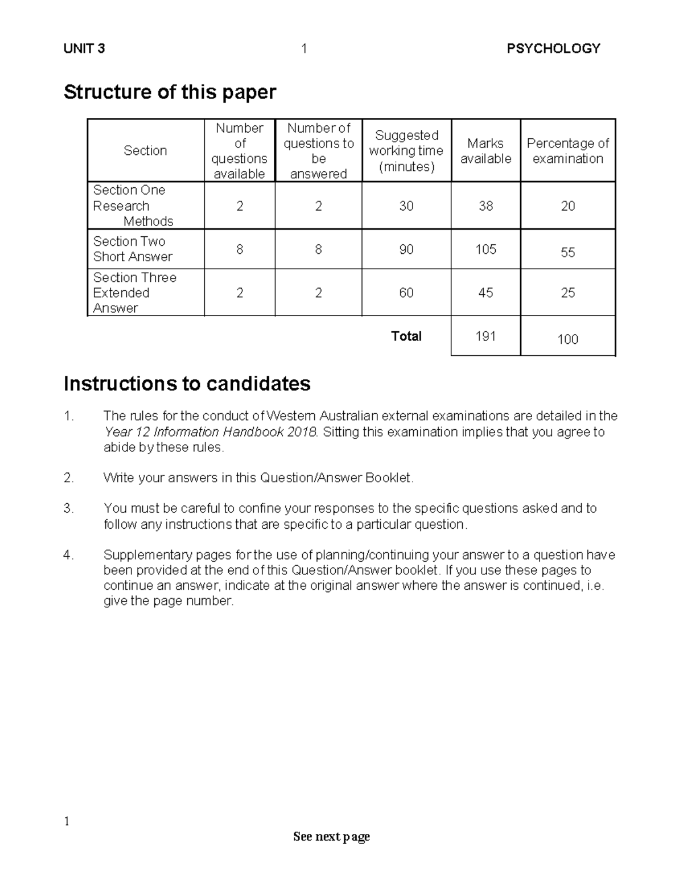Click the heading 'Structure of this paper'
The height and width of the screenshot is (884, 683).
[170, 92]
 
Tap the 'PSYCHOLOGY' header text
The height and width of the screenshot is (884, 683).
[553, 48]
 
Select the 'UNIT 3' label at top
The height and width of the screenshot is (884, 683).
[84, 48]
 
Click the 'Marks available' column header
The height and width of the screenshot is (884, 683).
[485, 151]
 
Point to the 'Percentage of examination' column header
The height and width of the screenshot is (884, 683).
[567, 151]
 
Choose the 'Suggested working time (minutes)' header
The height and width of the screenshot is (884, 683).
[406, 151]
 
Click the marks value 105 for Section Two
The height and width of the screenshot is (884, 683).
[485, 249]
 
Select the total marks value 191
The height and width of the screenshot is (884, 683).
[485, 336]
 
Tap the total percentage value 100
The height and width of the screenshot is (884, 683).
[567, 339]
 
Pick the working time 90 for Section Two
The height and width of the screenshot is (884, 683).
[406, 249]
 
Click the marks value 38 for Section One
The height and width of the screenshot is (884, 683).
[485, 205]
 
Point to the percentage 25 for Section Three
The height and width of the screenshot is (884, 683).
[567, 293]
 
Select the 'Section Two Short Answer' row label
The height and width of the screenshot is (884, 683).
[133, 249]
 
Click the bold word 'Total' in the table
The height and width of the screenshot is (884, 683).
[406, 336]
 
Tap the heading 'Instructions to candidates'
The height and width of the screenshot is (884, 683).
[187, 384]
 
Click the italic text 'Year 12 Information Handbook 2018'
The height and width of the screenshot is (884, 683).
[210, 431]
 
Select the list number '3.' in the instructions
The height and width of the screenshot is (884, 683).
[69, 508]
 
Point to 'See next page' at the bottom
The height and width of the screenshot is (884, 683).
[331, 836]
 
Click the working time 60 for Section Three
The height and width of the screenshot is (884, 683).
[406, 293]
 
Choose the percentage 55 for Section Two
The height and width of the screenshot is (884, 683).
[567, 252]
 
